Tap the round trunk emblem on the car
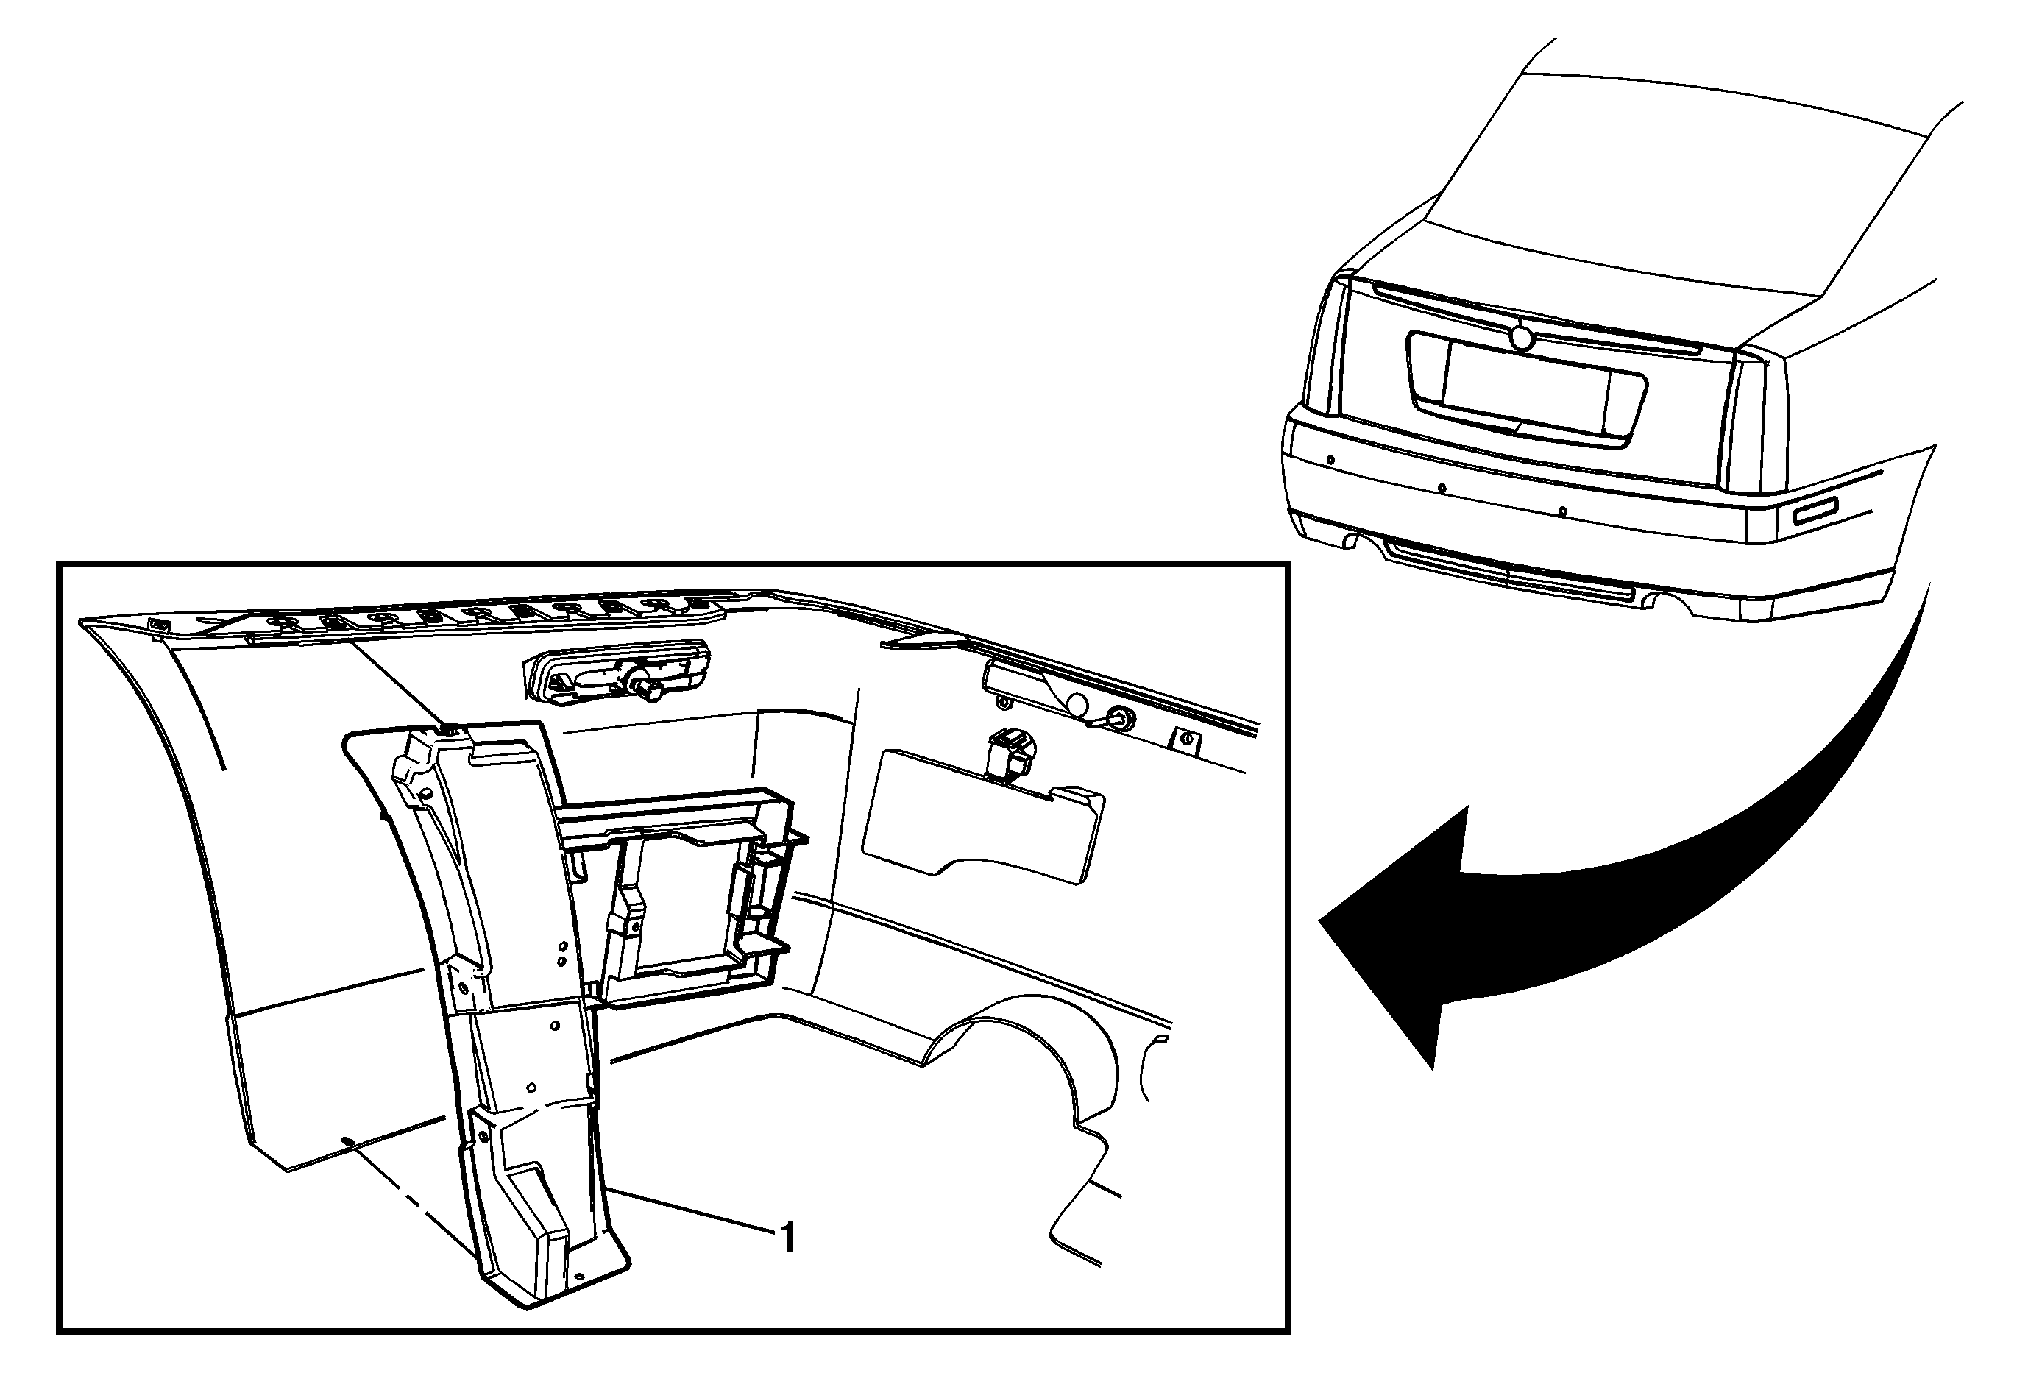1521,337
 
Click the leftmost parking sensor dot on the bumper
1330,460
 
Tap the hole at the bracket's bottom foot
578,1277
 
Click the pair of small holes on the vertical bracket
563,953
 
